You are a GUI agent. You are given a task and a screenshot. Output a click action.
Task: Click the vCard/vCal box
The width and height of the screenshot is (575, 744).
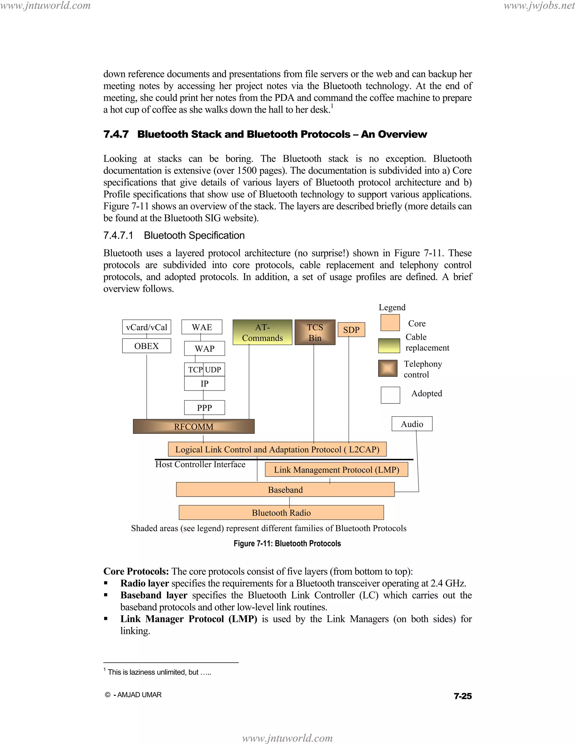coord(147,327)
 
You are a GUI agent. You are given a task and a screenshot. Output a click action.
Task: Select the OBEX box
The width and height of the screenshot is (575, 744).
coord(147,346)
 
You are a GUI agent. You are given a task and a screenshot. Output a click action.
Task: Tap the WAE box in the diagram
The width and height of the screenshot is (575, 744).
coord(202,327)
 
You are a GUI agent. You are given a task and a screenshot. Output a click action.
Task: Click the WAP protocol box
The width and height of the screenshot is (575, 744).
coord(204,348)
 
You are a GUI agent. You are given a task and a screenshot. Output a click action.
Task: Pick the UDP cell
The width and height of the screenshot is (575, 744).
coord(214,370)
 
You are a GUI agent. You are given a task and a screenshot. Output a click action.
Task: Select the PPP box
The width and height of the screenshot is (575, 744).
coord(204,407)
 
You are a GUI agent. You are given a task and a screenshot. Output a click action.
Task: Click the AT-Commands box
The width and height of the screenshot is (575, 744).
coord(262,332)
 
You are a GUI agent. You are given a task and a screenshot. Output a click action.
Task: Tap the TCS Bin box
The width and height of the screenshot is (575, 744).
coord(315,332)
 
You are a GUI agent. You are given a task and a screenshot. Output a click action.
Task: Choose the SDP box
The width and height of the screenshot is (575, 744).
coord(351,330)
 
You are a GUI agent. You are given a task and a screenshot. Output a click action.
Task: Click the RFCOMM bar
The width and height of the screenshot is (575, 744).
coord(193,426)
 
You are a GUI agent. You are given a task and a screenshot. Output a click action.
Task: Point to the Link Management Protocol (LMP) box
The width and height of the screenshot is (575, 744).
coord(336,470)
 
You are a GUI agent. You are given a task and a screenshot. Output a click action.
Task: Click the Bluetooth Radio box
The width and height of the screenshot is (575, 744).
coord(281,513)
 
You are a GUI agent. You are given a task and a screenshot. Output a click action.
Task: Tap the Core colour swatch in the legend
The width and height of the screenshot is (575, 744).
coord(390,323)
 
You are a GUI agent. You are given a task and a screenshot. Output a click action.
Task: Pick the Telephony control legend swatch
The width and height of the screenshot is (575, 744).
coord(388,369)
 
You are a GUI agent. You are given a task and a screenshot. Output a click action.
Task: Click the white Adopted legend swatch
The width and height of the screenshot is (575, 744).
coord(390,395)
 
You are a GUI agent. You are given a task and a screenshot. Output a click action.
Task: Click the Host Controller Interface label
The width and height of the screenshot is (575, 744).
coord(200,464)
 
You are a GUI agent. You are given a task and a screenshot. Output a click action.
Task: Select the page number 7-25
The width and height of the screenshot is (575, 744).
coord(463,696)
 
